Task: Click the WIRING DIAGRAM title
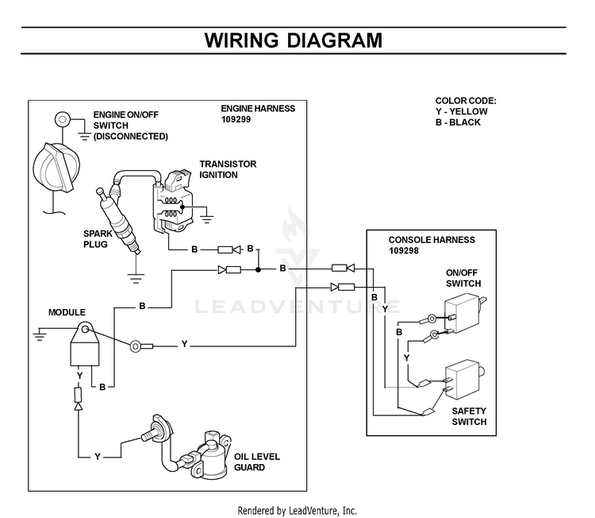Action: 294,41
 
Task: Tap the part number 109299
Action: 236,119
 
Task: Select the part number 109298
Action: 404,251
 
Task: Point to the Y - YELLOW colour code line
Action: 462,111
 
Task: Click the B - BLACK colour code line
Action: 458,122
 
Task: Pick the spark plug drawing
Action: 118,219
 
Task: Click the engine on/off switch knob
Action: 56,168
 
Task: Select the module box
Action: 85,344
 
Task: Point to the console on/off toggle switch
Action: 465,314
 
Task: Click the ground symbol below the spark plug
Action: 136,279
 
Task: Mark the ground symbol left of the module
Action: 40,334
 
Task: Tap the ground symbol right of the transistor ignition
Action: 207,218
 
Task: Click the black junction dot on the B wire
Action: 258,270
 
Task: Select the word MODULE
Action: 67,312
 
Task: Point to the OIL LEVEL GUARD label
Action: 257,462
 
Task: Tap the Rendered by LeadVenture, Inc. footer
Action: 297,510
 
